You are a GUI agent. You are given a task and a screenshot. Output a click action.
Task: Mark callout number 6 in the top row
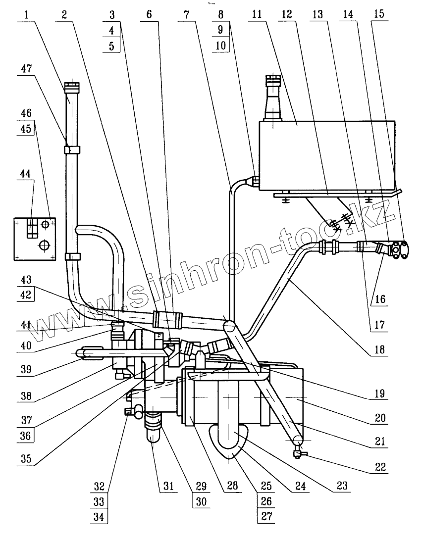(150, 15)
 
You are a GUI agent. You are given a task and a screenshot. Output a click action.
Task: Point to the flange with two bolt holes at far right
(399, 249)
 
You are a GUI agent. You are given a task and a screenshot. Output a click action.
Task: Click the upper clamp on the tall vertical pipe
(72, 149)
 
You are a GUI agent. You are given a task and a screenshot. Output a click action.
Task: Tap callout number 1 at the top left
(25, 15)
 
